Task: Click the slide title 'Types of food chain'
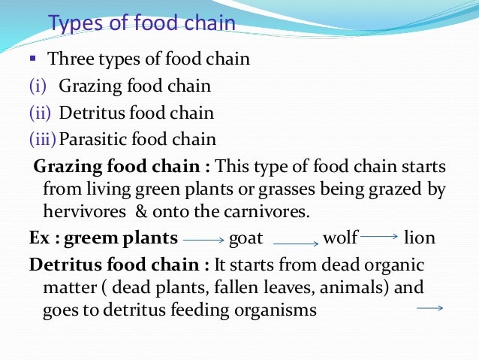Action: click(x=142, y=23)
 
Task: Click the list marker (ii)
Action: click(x=39, y=113)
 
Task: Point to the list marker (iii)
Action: click(x=42, y=139)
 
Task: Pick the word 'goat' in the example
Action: click(x=246, y=239)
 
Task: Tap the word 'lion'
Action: click(x=419, y=239)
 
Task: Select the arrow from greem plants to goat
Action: click(x=203, y=241)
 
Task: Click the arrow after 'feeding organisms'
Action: click(x=430, y=307)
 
